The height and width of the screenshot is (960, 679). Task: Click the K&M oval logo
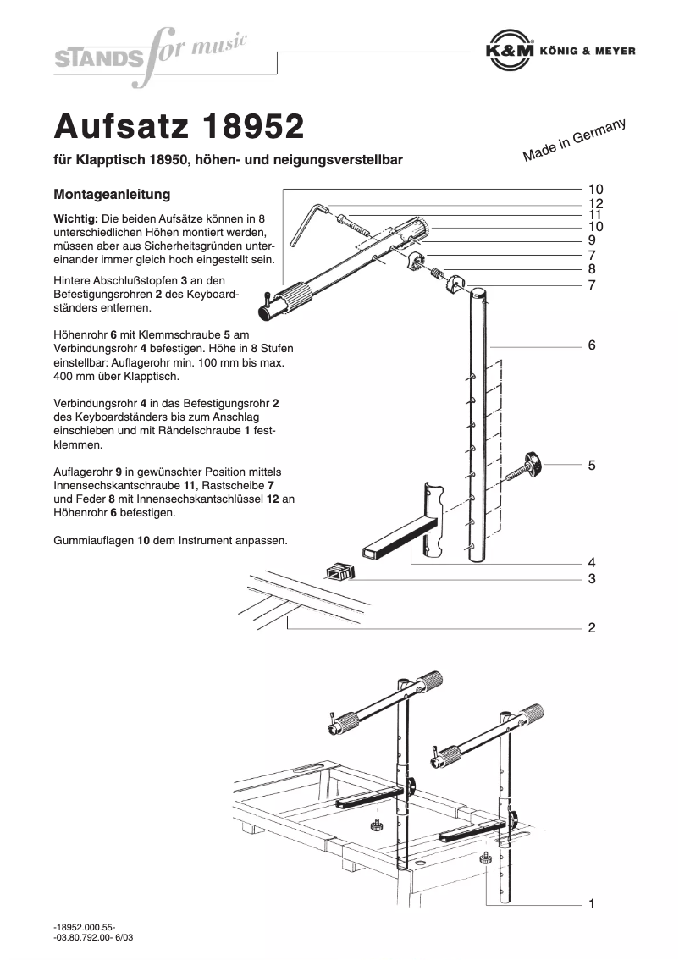pos(510,51)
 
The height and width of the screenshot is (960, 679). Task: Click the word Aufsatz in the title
pos(122,126)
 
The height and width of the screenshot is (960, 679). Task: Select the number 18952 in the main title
pos(253,126)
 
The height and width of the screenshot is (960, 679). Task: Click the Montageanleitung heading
pos(112,195)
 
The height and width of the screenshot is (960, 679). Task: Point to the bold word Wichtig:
pos(75,218)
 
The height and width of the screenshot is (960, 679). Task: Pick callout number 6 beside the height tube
pos(592,345)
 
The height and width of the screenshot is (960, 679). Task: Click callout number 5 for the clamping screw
pos(592,466)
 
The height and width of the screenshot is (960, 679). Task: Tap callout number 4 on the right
pos(592,563)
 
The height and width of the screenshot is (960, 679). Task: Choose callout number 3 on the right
pos(592,579)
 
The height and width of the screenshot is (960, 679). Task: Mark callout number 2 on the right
pos(592,628)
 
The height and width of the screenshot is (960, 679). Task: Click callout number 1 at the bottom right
pos(592,904)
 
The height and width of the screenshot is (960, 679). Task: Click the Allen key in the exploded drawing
pos(306,223)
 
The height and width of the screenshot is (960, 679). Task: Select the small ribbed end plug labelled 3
pos(339,571)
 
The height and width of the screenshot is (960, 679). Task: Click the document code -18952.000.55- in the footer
pos(84,927)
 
